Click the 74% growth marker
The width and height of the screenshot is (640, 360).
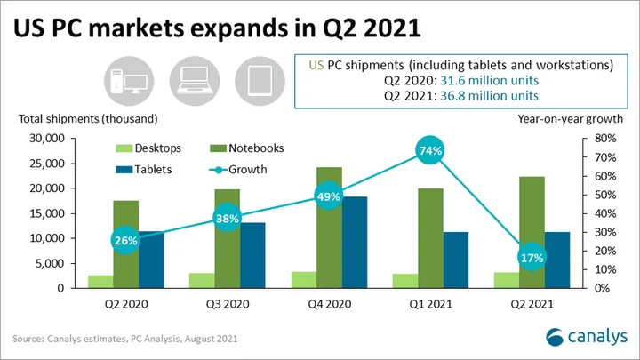click(x=430, y=150)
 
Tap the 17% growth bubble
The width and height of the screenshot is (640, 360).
click(x=532, y=258)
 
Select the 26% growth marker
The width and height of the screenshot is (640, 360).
click(x=125, y=240)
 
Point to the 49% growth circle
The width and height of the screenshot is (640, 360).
click(x=329, y=196)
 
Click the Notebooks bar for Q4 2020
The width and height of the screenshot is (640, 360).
click(x=329, y=228)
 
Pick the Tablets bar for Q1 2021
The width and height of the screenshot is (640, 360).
click(x=456, y=260)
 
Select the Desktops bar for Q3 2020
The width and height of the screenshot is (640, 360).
click(x=202, y=280)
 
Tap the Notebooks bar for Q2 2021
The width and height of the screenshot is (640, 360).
click(x=532, y=232)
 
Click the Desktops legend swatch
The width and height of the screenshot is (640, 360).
click(x=124, y=148)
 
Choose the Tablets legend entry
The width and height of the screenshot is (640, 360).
click(x=144, y=170)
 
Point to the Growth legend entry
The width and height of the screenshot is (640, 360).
click(x=238, y=170)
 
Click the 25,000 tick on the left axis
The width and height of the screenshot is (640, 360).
click(x=47, y=164)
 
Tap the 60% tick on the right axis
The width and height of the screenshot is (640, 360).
click(x=605, y=176)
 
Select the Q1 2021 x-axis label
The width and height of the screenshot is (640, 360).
click(x=430, y=304)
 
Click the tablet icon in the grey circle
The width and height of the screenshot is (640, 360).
click(x=260, y=81)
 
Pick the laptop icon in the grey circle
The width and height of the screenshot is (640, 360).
click(x=195, y=80)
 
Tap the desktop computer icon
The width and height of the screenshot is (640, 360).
click(x=129, y=81)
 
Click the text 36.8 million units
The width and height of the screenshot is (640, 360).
click(x=489, y=95)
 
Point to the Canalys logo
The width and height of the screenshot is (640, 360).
click(x=587, y=337)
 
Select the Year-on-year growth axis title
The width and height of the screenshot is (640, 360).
click(x=570, y=119)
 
